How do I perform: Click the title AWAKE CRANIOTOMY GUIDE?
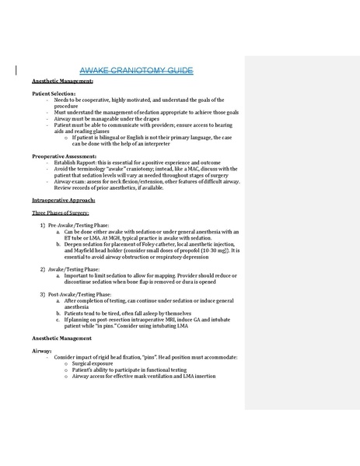136,71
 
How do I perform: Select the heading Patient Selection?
54,93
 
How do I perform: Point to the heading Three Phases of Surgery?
61,212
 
